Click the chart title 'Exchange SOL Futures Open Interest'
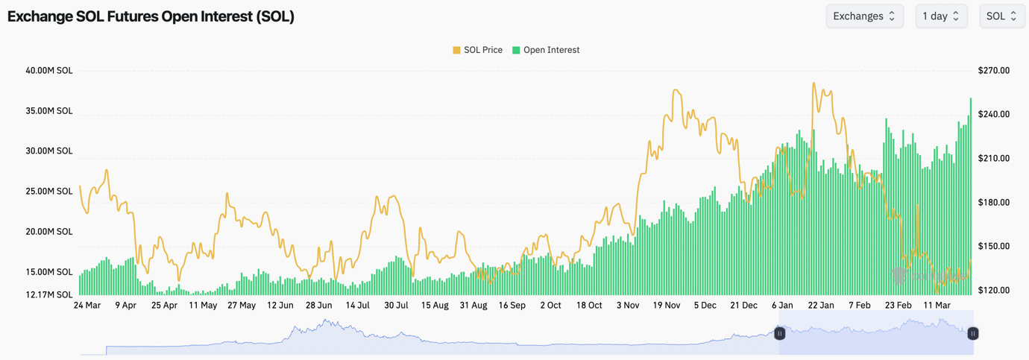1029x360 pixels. coord(151,16)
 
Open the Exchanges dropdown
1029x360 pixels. coord(864,16)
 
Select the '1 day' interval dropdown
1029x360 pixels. coord(941,16)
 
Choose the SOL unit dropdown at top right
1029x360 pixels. coord(1001,16)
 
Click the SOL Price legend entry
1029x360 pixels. coord(477,50)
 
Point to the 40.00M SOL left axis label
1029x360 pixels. coord(49,71)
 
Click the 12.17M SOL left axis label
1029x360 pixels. coord(49,294)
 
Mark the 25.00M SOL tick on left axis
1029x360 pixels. coord(49,192)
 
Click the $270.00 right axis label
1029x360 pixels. coord(993,71)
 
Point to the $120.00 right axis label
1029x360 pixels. coord(993,290)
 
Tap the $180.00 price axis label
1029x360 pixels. coord(993,202)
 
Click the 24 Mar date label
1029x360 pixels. coord(87,306)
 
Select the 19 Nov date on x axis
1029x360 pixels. coord(667,306)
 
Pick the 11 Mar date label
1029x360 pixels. coord(937,306)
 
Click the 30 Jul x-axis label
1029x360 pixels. coord(396,306)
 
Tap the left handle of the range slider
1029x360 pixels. coord(779,333)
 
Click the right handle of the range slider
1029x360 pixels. coord(972,333)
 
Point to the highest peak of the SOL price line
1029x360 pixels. coord(814,83)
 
